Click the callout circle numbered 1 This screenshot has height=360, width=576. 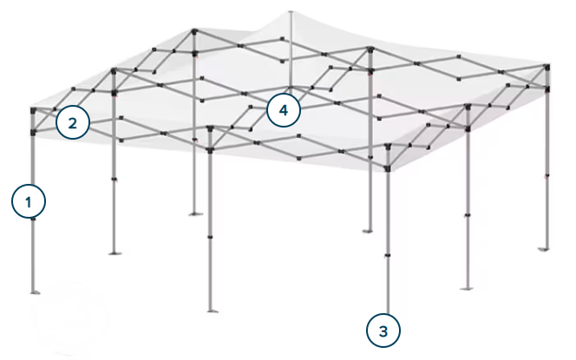[29, 201]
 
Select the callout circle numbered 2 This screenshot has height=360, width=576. [73, 122]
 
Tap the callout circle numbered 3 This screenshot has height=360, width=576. [383, 331]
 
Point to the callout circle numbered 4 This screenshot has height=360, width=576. [283, 110]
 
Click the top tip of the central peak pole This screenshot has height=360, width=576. [291, 12]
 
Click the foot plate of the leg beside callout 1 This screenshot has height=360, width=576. [35, 292]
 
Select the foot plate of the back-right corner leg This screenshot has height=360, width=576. [544, 250]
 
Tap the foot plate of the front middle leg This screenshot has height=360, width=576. [212, 311]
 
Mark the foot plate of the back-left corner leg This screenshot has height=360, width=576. [195, 213]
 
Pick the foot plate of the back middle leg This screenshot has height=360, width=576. [367, 231]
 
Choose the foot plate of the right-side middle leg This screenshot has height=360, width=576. [466, 289]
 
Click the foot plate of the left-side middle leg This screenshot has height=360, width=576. [115, 253]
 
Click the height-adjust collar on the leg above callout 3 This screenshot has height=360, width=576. [387, 255]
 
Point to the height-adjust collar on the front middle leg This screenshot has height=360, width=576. [210, 237]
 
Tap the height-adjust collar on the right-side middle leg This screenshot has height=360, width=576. [468, 215]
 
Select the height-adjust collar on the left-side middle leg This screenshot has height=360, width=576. [114, 180]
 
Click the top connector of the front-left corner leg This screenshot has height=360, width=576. [34, 110]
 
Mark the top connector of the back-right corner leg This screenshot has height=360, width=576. [547, 67]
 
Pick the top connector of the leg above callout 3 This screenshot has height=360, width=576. [388, 147]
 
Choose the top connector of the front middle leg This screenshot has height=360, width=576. [210, 128]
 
